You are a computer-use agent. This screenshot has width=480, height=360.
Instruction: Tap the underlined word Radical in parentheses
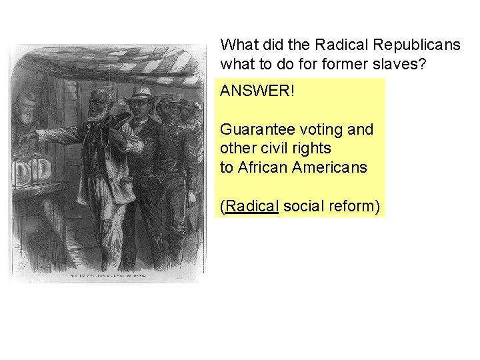(252, 207)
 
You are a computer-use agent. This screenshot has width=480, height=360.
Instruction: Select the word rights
(311, 148)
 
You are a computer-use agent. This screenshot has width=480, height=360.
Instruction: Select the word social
(304, 207)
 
